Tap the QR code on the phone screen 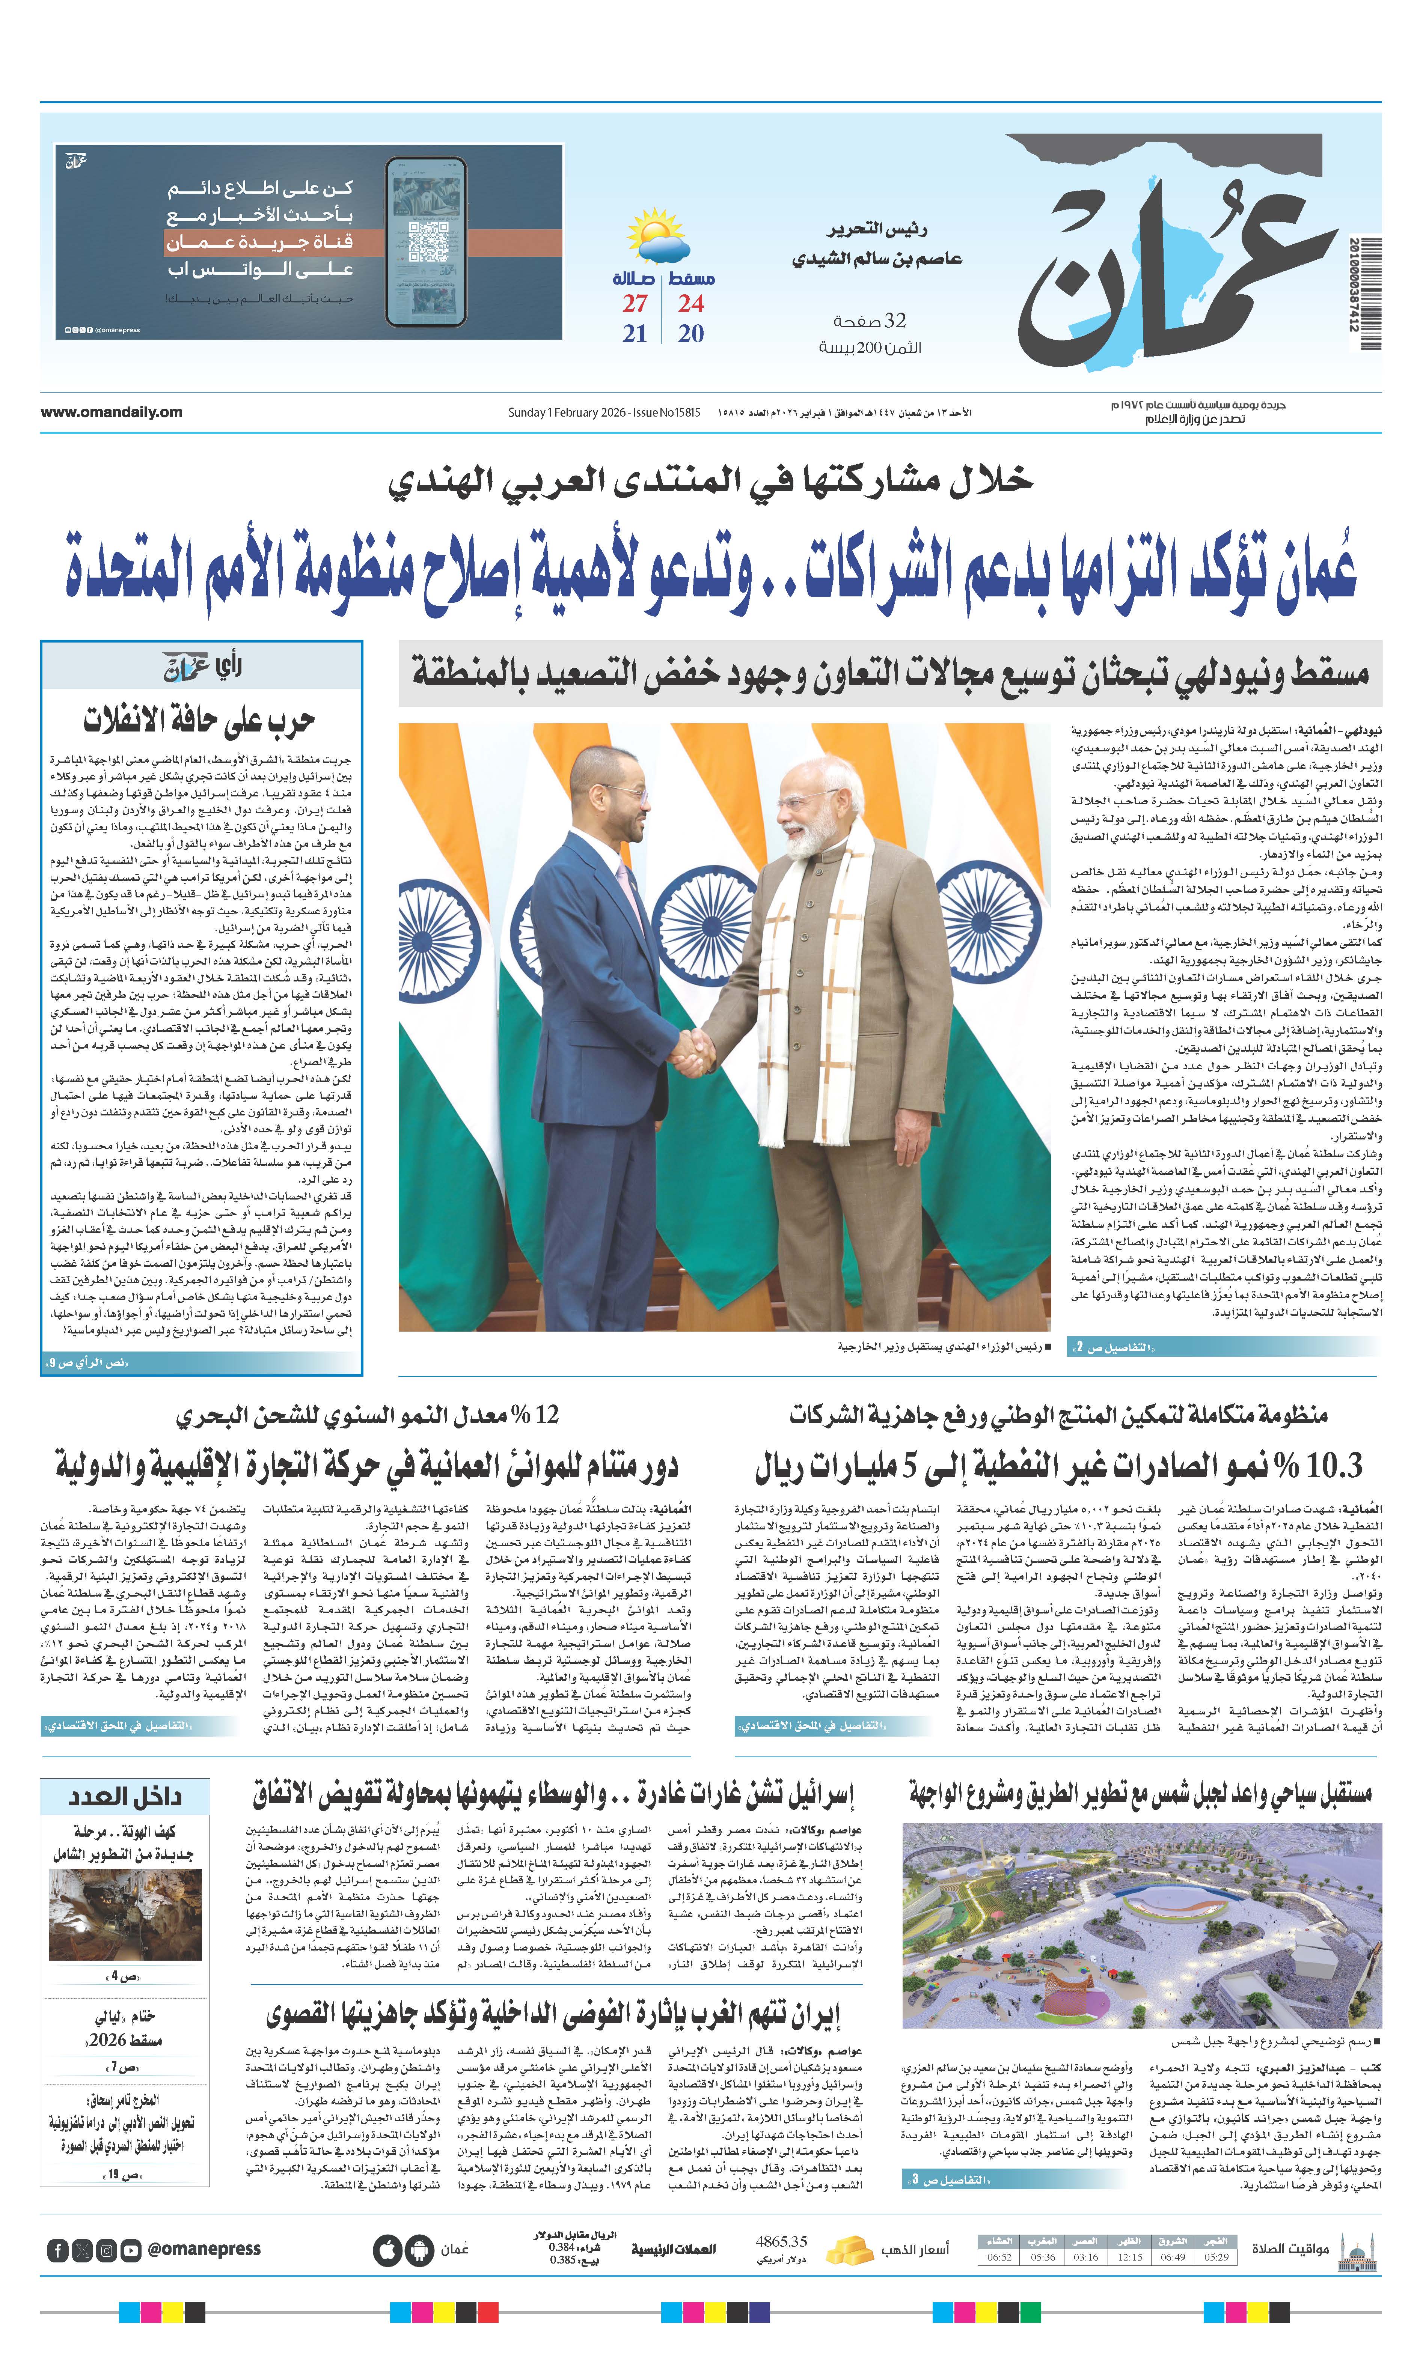click(x=427, y=241)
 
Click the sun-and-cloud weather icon click(x=657, y=239)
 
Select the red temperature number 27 click(x=635, y=304)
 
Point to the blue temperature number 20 click(x=690, y=334)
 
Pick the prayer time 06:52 click(x=999, y=2256)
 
